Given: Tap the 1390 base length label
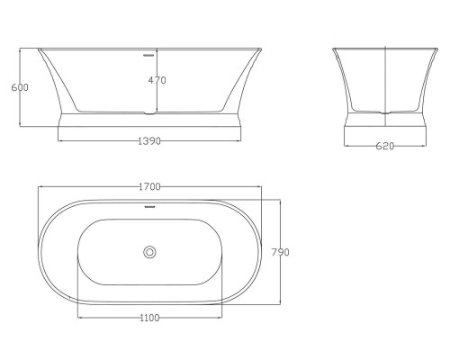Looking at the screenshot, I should click(149, 142).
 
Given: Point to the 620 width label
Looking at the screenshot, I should click(385, 146).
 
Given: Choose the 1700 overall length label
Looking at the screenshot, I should click(149, 186).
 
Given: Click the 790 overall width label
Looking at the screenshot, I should click(281, 252).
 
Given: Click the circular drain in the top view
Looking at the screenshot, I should click(150, 252).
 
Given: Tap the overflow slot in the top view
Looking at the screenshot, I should click(149, 204).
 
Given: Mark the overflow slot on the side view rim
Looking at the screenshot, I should click(149, 51).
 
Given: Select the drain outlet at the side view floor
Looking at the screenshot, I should click(149, 113).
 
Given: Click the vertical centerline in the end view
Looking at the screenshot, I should click(385, 81).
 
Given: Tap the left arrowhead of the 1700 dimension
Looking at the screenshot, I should click(40, 186).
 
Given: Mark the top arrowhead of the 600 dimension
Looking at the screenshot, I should click(21, 49).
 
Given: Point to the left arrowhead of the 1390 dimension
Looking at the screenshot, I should click(59, 142).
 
